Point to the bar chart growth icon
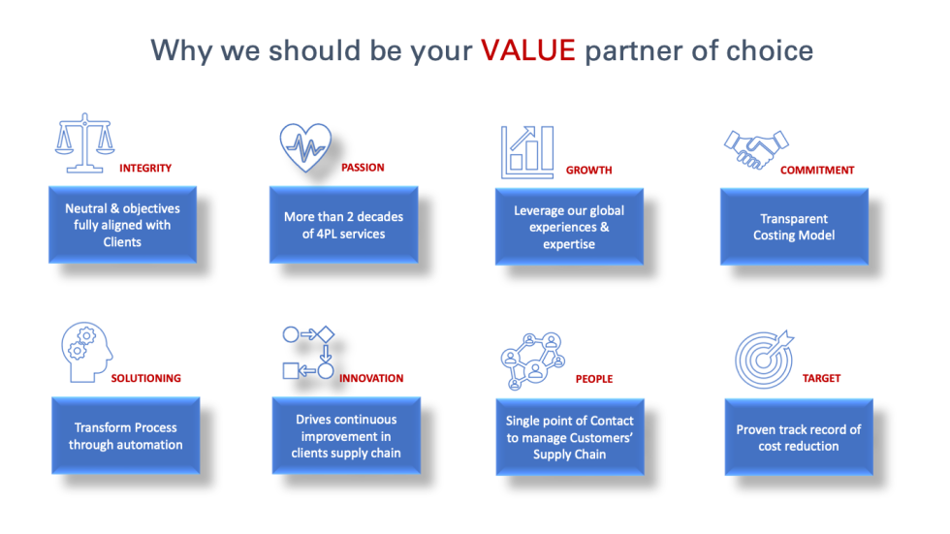click(527, 152)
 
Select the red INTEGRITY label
click(145, 168)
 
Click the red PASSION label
click(363, 167)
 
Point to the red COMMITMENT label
click(817, 170)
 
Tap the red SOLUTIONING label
click(145, 378)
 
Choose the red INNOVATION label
click(371, 378)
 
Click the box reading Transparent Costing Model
click(793, 227)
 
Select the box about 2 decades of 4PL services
click(343, 225)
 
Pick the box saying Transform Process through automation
click(125, 436)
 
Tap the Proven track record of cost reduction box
click(798, 438)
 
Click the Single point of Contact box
click(569, 437)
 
